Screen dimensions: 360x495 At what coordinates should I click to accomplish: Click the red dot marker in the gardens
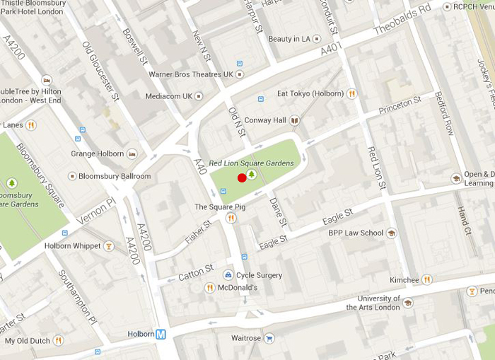tap(242, 178)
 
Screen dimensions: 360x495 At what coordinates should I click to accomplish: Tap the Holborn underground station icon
tap(161, 334)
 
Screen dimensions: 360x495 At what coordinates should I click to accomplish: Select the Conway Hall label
tap(265, 120)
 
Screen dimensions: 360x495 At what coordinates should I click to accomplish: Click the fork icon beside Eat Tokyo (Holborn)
tap(351, 93)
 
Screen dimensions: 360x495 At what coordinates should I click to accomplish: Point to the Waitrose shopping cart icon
tap(269, 338)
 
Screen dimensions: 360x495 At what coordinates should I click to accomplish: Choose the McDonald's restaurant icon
tap(209, 288)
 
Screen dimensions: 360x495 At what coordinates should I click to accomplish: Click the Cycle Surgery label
tap(259, 275)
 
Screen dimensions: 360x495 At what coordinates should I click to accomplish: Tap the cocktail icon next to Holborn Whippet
tap(109, 246)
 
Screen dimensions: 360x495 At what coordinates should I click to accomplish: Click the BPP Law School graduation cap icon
tap(391, 233)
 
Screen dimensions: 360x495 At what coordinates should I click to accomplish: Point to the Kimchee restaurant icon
tap(427, 280)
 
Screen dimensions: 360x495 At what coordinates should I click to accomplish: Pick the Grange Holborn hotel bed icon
tap(132, 153)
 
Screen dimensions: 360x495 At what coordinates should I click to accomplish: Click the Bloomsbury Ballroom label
tap(115, 176)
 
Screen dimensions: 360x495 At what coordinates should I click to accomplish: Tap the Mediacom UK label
tap(168, 96)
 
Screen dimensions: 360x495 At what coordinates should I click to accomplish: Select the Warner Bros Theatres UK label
tap(190, 74)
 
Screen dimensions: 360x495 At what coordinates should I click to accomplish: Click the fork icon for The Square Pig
tap(231, 218)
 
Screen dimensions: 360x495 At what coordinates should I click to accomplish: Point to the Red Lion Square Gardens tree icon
tap(251, 174)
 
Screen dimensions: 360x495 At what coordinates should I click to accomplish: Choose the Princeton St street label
tap(400, 105)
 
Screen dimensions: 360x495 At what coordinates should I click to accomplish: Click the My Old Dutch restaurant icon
tap(59, 341)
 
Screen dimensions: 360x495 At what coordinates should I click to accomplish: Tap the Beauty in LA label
tap(289, 39)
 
